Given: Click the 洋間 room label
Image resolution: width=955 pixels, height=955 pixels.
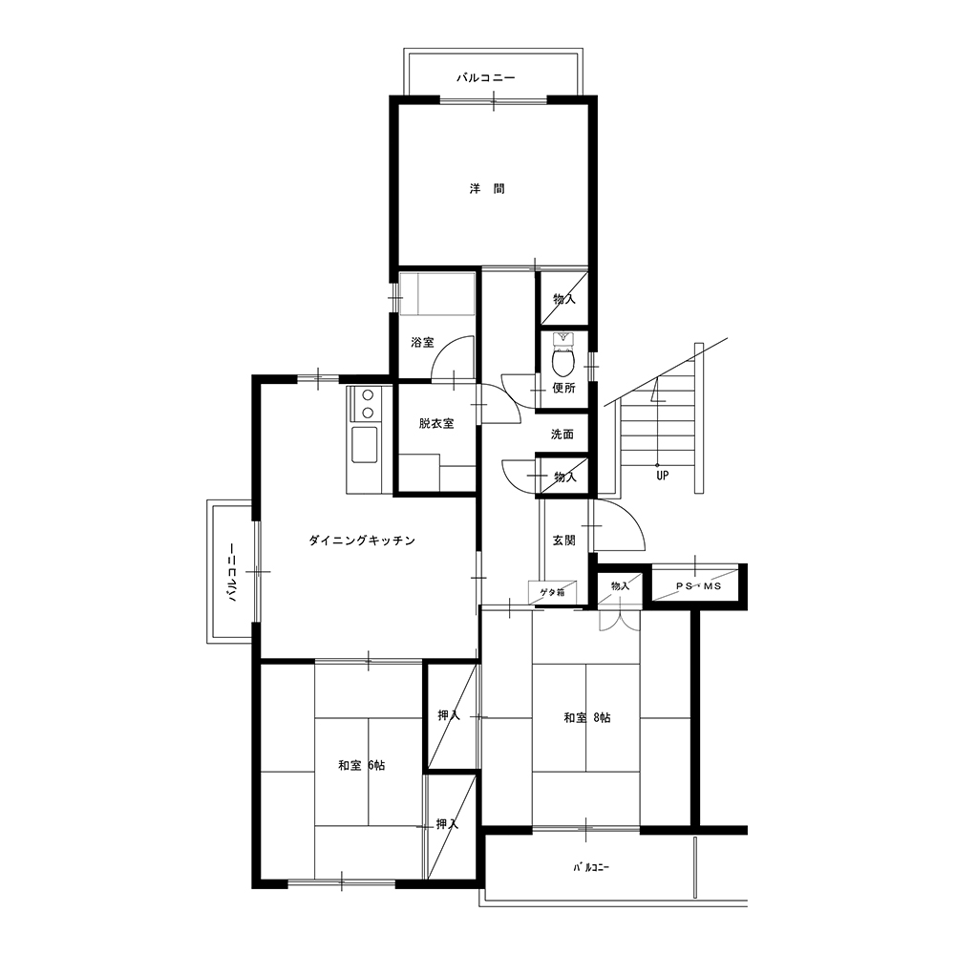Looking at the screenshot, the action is (487, 189).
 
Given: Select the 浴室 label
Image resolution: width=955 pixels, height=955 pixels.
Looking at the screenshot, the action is (423, 342).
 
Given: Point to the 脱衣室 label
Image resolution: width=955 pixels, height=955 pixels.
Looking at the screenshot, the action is (436, 423).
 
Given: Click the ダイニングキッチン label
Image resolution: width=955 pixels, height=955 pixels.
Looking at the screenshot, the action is (362, 541).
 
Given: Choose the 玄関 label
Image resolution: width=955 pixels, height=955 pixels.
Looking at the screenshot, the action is (564, 541).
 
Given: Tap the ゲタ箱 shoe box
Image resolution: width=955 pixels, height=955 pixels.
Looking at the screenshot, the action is (552, 592).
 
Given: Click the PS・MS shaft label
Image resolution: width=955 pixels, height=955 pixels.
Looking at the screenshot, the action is (699, 586).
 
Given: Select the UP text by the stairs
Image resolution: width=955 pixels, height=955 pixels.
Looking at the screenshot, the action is (662, 476).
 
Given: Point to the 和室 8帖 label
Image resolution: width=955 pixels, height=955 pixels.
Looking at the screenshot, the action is (587, 718).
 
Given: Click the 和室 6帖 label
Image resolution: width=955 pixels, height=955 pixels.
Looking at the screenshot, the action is (362, 766).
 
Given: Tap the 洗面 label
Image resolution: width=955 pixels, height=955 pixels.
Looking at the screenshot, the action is (562, 435).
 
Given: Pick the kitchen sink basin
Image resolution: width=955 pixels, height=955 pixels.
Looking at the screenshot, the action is (364, 445).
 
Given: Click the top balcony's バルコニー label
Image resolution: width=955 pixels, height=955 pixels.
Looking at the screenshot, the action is (486, 78).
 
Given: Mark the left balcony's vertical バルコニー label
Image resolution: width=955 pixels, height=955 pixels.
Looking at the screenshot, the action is (232, 572).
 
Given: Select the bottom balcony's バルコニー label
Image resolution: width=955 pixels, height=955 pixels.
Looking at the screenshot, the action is (591, 867).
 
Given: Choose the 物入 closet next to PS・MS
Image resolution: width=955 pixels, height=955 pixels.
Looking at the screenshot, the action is (620, 587).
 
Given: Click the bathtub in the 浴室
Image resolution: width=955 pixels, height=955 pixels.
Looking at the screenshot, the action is (437, 294).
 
